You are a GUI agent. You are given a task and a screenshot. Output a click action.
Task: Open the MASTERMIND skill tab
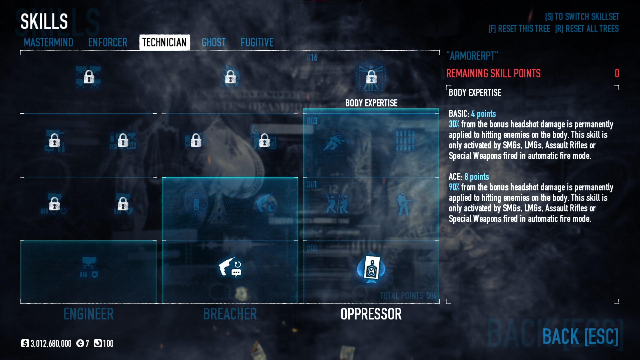[x=48, y=42]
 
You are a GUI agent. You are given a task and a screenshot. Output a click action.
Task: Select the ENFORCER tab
[x=108, y=42]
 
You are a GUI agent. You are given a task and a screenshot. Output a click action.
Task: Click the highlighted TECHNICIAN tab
[x=164, y=42]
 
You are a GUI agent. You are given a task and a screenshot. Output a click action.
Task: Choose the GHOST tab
[x=214, y=42]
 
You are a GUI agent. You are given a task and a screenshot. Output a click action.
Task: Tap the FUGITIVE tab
[x=257, y=42]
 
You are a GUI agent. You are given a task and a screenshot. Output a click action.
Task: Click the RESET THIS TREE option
[x=519, y=29]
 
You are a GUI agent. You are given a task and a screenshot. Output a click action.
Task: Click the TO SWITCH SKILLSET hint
[x=582, y=17]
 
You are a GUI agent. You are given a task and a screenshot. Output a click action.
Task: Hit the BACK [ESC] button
[x=580, y=336]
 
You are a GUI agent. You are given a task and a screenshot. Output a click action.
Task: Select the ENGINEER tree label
[x=88, y=314]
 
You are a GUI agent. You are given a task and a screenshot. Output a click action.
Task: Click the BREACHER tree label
[x=230, y=314]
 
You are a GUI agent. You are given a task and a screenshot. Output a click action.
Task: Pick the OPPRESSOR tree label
[x=371, y=314]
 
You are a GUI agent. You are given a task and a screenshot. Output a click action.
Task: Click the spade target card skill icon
[x=371, y=269]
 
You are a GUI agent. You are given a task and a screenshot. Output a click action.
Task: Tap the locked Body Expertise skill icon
[x=371, y=77]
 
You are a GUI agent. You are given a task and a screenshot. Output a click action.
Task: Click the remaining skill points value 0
[x=617, y=73]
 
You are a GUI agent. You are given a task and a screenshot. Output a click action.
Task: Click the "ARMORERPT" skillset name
[x=472, y=56]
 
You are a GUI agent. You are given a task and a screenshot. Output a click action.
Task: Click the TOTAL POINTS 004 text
[x=408, y=296]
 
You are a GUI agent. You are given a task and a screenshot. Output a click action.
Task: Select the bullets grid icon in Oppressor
[x=405, y=141]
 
